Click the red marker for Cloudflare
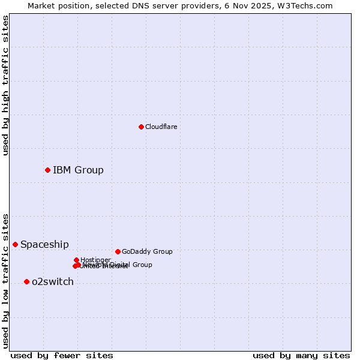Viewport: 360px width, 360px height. (x=141, y=127)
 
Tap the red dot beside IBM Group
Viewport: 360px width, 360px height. (x=47, y=170)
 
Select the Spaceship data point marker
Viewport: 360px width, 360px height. (x=15, y=244)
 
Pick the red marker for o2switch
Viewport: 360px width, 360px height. (x=26, y=281)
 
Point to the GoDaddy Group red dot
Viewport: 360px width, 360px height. (x=118, y=251)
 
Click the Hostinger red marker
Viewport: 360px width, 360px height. (x=76, y=260)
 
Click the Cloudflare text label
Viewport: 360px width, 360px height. (x=161, y=127)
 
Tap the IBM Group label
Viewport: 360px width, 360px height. (x=78, y=170)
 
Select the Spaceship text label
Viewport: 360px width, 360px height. (x=44, y=244)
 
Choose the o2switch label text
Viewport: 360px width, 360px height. (x=53, y=281)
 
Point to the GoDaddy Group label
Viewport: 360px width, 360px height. (x=147, y=251)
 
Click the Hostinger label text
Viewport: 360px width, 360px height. (x=95, y=260)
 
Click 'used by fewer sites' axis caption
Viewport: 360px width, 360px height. (x=62, y=355)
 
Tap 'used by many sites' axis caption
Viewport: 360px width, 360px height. (x=301, y=355)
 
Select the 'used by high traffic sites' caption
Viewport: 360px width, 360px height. (x=5, y=85)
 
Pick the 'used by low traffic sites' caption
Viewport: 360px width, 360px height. (x=5, y=280)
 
